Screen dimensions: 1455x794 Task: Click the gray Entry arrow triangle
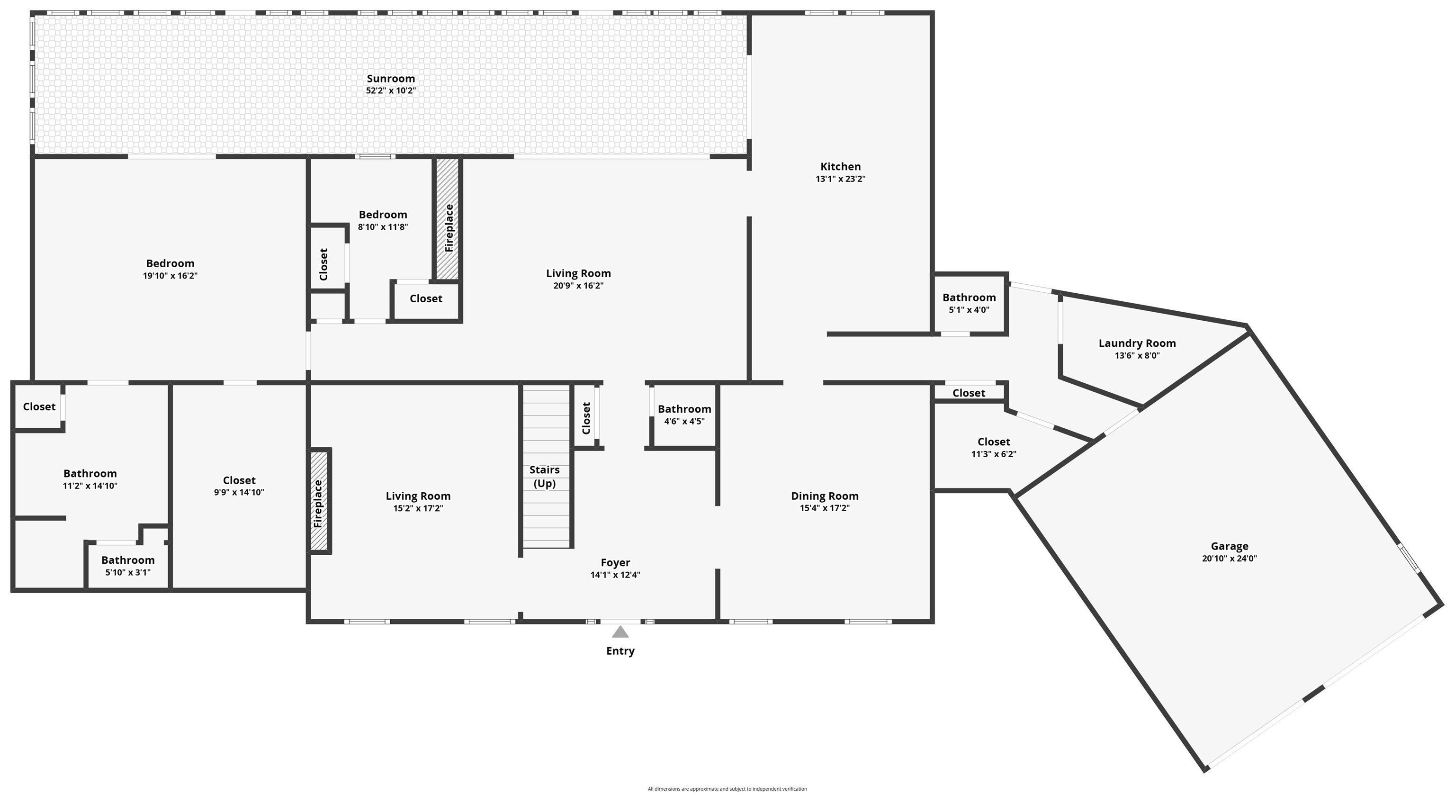(x=620, y=632)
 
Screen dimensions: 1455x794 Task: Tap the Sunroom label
(x=391, y=79)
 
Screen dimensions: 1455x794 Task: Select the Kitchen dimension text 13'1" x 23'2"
(x=841, y=179)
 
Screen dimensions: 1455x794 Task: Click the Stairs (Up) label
(x=545, y=477)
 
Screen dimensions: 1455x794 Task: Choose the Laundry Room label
(x=1137, y=343)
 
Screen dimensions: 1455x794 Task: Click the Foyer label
(x=615, y=562)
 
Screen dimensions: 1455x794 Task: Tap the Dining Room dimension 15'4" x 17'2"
(x=825, y=508)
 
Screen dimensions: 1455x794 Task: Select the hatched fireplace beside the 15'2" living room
(x=319, y=501)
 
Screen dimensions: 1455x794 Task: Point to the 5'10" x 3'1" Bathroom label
(x=128, y=560)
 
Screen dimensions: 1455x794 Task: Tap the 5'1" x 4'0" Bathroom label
(x=969, y=297)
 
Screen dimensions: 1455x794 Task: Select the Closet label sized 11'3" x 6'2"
(x=994, y=442)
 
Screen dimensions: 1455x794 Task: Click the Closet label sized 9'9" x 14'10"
(x=239, y=480)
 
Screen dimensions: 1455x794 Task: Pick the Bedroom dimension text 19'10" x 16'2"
(x=170, y=276)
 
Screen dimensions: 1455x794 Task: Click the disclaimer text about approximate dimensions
(x=727, y=789)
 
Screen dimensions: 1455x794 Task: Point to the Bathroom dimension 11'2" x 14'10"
(x=90, y=486)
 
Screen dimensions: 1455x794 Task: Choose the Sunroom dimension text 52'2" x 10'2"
(x=391, y=90)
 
